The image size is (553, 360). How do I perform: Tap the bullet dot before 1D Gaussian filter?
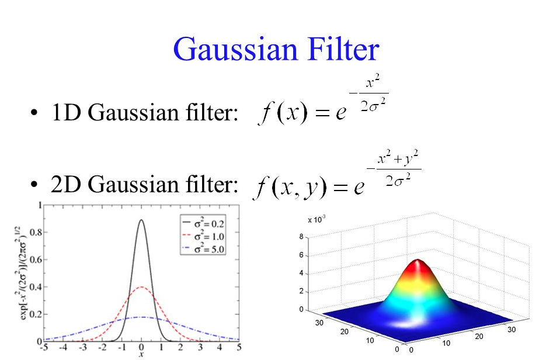point(36,113)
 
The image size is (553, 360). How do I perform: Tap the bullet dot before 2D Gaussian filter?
point(36,186)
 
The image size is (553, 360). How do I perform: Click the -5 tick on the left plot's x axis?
point(43,347)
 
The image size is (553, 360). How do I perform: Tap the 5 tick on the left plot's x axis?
point(239,347)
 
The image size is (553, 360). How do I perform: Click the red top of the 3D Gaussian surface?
point(416,266)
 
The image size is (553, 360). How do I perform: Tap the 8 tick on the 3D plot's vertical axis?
point(301,237)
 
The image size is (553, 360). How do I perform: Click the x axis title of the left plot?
point(142,354)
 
